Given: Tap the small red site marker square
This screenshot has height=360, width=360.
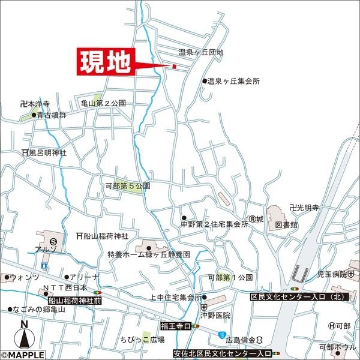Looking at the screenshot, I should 174,66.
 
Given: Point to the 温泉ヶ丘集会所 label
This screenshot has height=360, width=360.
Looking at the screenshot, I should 234,81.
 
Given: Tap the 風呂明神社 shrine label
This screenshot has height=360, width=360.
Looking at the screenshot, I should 47,153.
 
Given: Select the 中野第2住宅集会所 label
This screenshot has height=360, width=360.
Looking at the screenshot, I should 214,224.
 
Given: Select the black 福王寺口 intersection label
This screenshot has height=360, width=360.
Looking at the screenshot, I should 176,325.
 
